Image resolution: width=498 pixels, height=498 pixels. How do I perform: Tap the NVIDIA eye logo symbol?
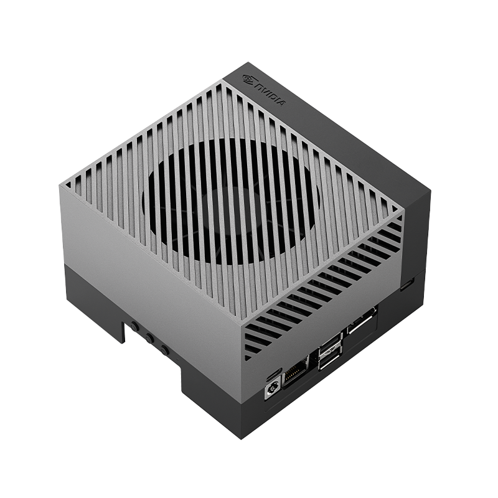coord(249,80)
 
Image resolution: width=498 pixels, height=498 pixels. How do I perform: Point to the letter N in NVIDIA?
coord(258,86)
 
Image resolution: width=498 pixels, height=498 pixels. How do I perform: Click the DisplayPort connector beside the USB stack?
coord(362,322)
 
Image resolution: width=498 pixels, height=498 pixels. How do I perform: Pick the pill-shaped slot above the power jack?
coord(272,373)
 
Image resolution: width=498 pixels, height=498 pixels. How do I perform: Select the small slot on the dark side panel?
coord(408,284)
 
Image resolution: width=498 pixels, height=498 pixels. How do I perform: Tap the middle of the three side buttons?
coord(149,337)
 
